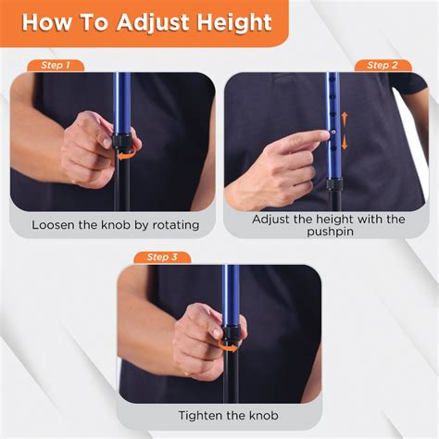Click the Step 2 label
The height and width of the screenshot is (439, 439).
pyautogui.click(x=383, y=66)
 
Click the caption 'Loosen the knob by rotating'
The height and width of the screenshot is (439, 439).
pyautogui.click(x=112, y=224)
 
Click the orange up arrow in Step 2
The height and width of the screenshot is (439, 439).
pyautogui.click(x=345, y=119)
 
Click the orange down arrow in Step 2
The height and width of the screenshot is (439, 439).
pyautogui.click(x=345, y=144)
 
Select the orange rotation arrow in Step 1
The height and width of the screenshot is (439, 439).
pyautogui.click(x=122, y=157)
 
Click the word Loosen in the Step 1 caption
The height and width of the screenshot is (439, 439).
pyautogui.click(x=55, y=224)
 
